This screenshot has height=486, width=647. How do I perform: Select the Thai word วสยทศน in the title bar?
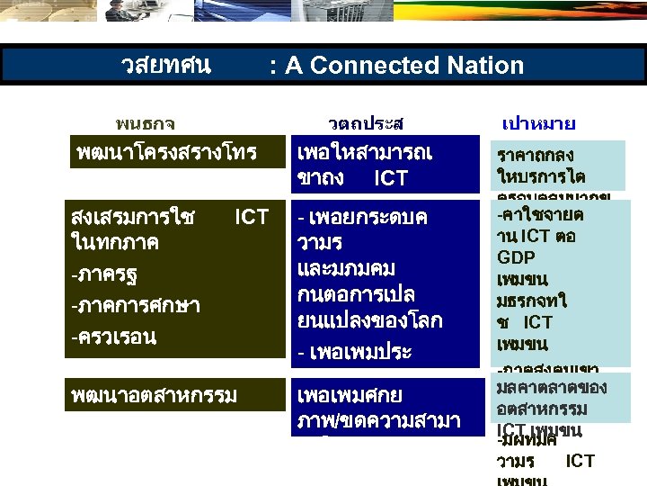tap(166, 65)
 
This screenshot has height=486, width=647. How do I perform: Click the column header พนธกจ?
tap(146, 122)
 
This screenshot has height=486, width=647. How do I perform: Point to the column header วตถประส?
tap(366, 122)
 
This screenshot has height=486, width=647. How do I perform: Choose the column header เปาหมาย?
tap(538, 122)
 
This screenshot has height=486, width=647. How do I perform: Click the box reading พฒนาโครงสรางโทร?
tap(166, 152)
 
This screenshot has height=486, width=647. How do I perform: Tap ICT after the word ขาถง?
tap(390, 178)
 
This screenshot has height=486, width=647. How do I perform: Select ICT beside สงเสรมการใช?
tap(251, 217)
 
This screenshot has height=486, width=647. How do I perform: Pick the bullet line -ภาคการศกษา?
tap(136, 306)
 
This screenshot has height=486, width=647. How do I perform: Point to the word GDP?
tap(516, 256)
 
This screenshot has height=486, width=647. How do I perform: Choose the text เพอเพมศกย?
tap(350, 394)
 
